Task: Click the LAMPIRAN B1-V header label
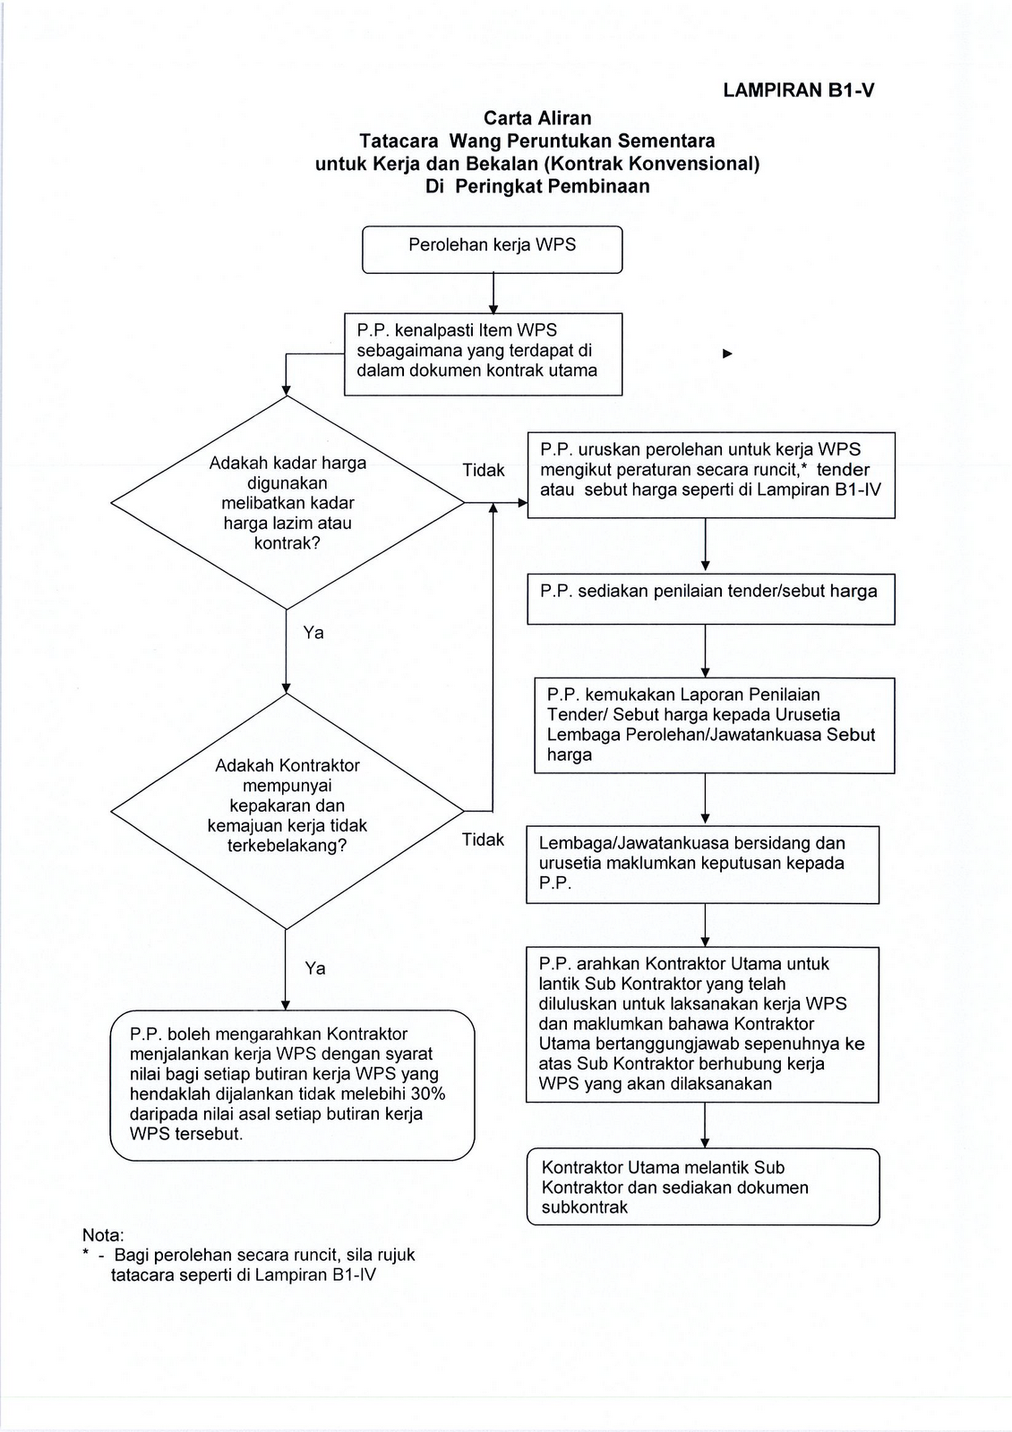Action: pos(798,90)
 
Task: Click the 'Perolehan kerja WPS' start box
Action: pos(492,249)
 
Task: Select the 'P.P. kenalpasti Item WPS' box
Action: pos(483,354)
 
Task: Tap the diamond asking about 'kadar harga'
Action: pos(287,503)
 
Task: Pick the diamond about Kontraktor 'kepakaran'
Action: pos(287,805)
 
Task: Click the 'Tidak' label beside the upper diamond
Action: pos(484,471)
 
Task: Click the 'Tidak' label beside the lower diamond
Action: pos(484,840)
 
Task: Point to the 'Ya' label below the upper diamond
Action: pos(313,634)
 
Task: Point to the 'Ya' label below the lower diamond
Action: pos(315,969)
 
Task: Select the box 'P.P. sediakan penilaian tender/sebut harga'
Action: pos(710,599)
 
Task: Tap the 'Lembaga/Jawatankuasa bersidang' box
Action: pos(702,864)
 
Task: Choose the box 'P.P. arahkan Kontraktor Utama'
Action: pos(702,1024)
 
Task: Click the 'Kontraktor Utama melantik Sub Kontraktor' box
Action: pos(702,1187)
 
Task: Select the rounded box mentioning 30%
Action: pos(292,1085)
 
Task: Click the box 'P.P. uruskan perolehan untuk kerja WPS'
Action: pos(710,474)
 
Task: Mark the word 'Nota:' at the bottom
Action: pos(103,1235)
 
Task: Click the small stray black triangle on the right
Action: pos(727,354)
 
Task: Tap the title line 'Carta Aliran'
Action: pos(537,118)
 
